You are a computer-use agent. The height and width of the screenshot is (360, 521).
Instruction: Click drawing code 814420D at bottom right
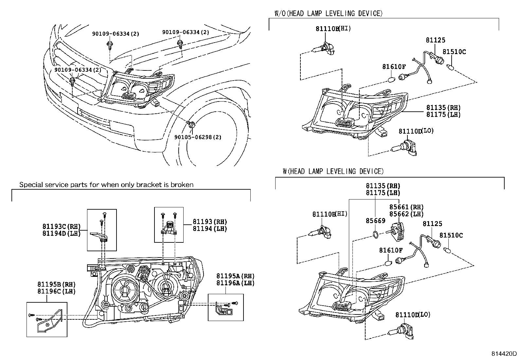[x=504, y=354]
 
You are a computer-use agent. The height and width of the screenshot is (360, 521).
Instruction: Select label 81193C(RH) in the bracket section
[x=61, y=226]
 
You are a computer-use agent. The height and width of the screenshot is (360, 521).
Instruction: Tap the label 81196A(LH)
[x=235, y=283]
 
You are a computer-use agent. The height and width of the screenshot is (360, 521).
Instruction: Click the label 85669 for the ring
[x=375, y=221]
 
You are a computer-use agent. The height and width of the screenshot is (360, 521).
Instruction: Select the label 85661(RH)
[x=406, y=207]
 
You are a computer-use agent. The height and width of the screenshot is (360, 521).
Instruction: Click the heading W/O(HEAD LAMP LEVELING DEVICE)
[x=328, y=13]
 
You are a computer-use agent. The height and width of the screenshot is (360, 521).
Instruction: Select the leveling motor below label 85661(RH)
[x=398, y=230]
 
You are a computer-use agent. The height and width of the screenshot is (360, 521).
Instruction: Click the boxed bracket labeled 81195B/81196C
[x=47, y=319]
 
